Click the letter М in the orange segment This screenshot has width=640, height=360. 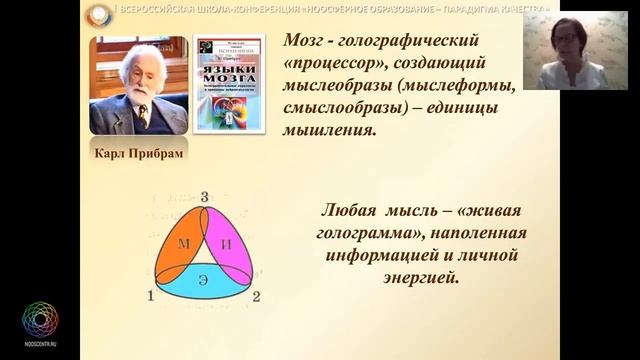pos(184,245)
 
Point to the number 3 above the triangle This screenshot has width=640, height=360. pos(204,197)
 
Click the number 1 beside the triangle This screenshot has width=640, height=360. pos(150,296)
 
